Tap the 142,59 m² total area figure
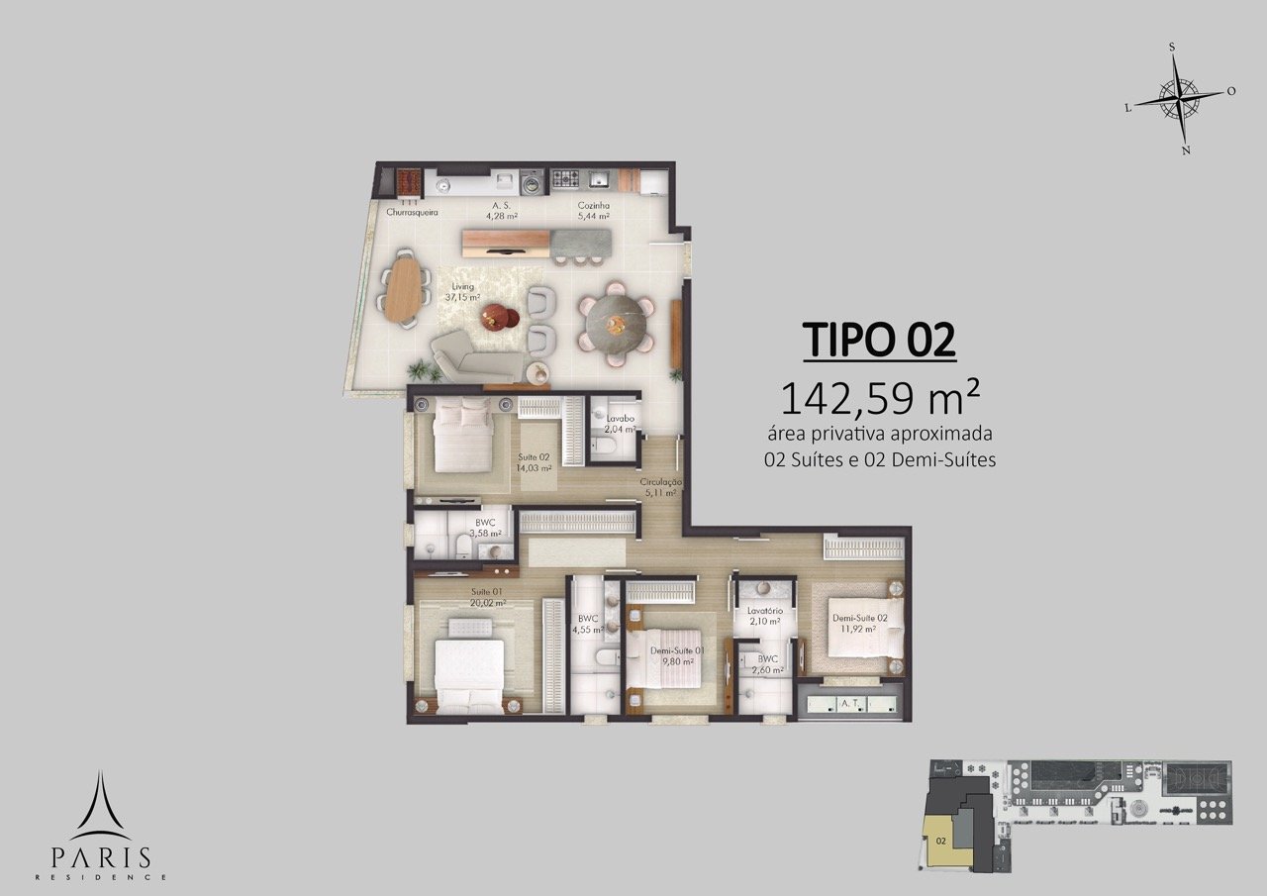[880, 398]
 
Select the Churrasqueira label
[413, 213]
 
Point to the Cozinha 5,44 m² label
[593, 211]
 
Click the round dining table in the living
[616, 325]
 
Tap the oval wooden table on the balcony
[405, 290]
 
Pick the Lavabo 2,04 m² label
[620, 424]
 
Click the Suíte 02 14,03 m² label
[534, 462]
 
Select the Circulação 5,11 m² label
[660, 487]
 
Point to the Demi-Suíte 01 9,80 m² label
[677, 656]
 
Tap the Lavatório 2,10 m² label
[765, 616]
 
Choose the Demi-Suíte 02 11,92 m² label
[859, 623]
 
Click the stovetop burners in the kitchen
[565, 179]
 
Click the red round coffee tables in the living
[501, 316]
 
